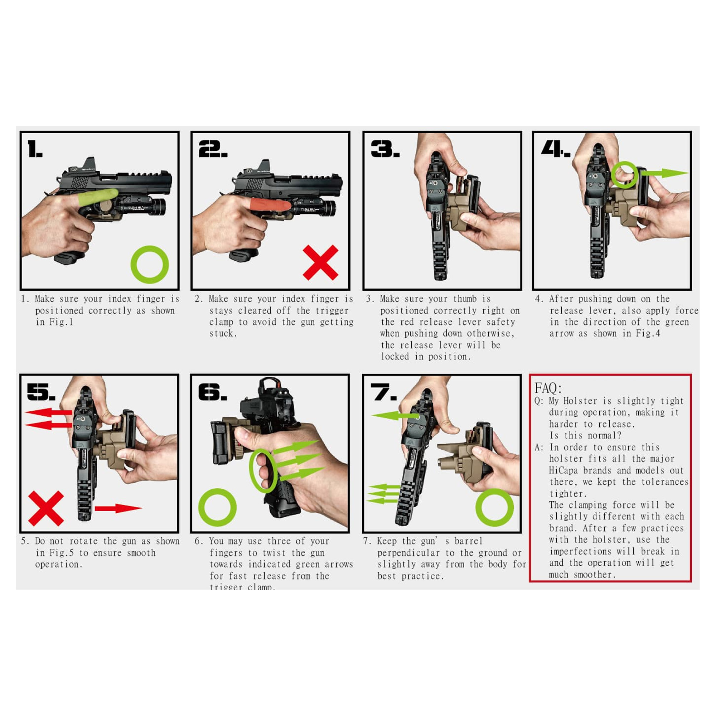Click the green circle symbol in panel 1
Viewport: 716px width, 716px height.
(150, 265)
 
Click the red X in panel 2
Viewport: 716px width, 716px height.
(320, 262)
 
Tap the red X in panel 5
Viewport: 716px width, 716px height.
(46, 508)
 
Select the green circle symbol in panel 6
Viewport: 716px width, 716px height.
(218, 507)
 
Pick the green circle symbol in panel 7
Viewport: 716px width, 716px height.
(494, 507)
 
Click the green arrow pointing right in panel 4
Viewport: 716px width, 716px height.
(665, 173)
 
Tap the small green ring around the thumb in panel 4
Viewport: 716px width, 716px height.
(624, 175)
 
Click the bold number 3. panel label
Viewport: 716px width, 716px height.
(385, 149)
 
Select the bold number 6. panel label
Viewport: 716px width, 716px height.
(212, 392)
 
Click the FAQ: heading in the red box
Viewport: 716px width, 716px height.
(548, 388)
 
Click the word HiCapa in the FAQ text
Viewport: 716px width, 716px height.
(563, 471)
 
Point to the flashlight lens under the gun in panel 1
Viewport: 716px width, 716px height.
(162, 207)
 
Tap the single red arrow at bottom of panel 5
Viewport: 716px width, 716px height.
(118, 508)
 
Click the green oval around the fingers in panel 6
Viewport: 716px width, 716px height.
(263, 471)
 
